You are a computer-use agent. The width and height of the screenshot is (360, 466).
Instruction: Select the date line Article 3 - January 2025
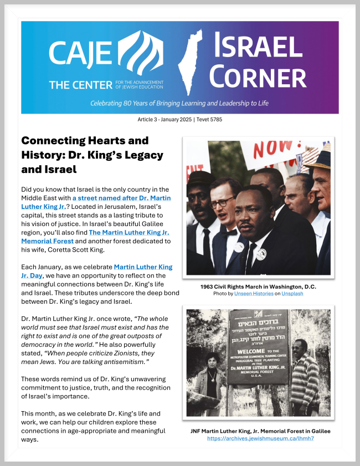(x=179, y=120)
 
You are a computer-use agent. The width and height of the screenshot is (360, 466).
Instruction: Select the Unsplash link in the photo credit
(x=292, y=293)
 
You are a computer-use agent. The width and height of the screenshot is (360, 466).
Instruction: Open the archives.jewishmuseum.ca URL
(x=257, y=438)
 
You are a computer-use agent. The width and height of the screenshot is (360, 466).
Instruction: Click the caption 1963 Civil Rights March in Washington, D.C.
(x=257, y=286)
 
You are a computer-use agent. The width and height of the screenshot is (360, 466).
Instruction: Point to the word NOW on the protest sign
(x=265, y=148)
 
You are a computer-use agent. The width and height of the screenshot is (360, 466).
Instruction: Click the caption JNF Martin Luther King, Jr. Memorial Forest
(x=257, y=431)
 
